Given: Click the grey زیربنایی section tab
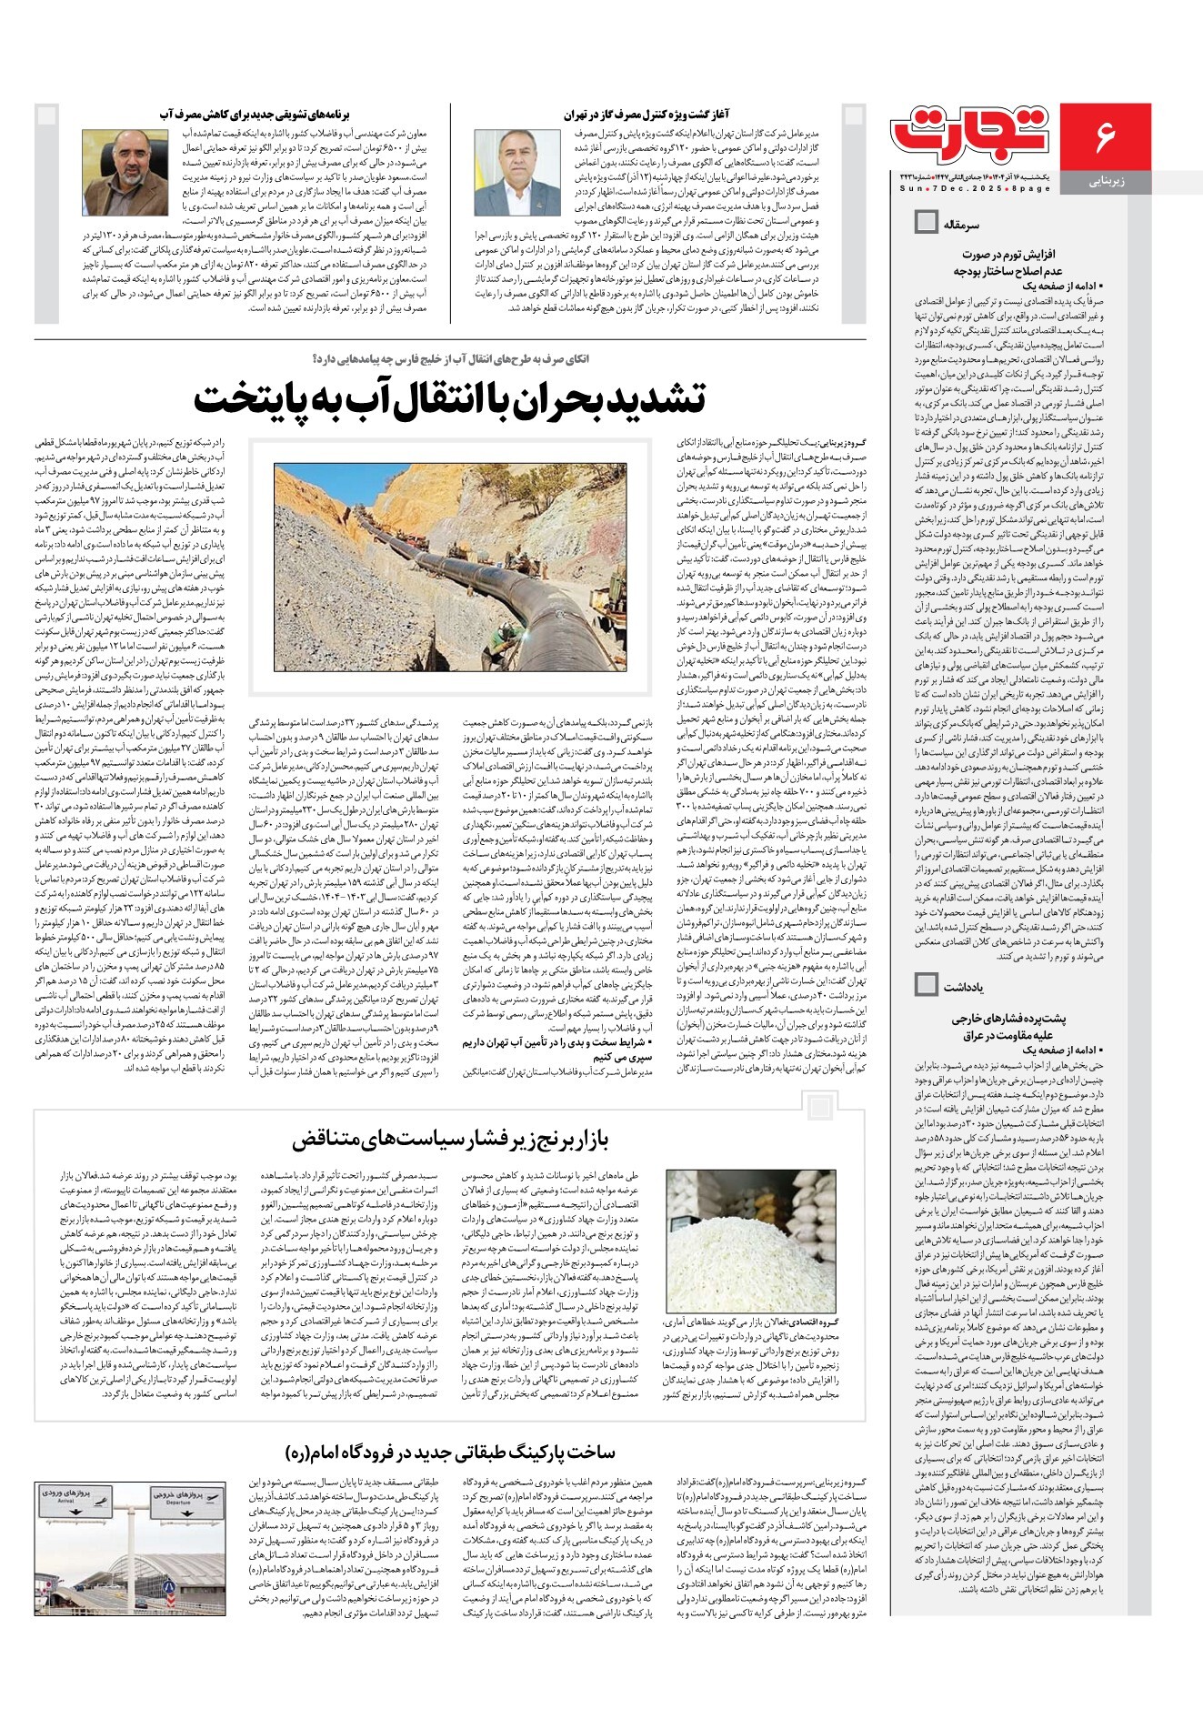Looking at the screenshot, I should (1106, 182).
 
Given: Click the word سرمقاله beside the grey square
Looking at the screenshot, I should (961, 223).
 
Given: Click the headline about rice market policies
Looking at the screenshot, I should (450, 1138).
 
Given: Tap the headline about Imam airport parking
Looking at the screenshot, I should (450, 1452).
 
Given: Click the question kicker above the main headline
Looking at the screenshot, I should (450, 358).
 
